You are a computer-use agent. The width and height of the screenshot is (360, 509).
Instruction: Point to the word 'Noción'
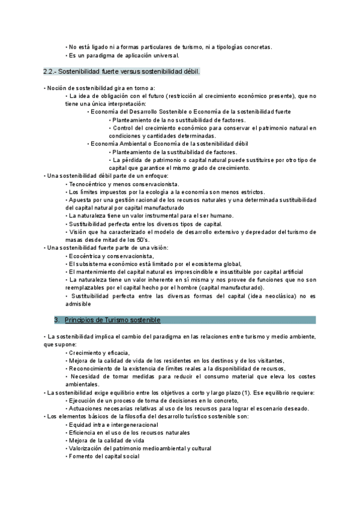(58, 88)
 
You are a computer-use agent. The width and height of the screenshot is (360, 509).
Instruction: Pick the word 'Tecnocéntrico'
(89, 184)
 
